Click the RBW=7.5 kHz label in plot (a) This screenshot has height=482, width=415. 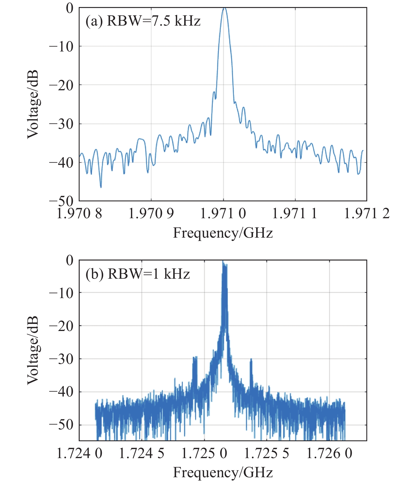[143, 21]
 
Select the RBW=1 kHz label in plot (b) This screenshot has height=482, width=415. [138, 274]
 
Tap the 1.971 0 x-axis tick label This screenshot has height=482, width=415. [223, 214]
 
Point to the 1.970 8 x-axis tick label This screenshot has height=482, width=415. [79, 214]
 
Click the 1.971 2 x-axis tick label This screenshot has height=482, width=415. [367, 214]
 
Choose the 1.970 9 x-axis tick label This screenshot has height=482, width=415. [151, 214]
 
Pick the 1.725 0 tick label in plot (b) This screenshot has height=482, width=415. [204, 453]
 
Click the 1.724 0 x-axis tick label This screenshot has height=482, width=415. [80, 453]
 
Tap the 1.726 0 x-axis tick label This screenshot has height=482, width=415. [329, 453]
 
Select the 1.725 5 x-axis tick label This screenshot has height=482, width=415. [267, 453]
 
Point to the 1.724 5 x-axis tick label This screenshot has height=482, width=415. [142, 453]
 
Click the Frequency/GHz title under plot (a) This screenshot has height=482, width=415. [223, 233]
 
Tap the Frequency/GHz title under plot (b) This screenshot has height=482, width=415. [223, 472]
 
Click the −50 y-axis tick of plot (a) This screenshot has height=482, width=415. [61, 201]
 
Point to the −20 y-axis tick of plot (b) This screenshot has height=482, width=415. [61, 325]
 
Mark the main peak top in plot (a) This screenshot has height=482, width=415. [224, 8]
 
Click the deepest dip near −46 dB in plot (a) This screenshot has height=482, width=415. [101, 187]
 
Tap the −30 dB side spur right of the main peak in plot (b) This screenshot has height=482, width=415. [251, 360]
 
